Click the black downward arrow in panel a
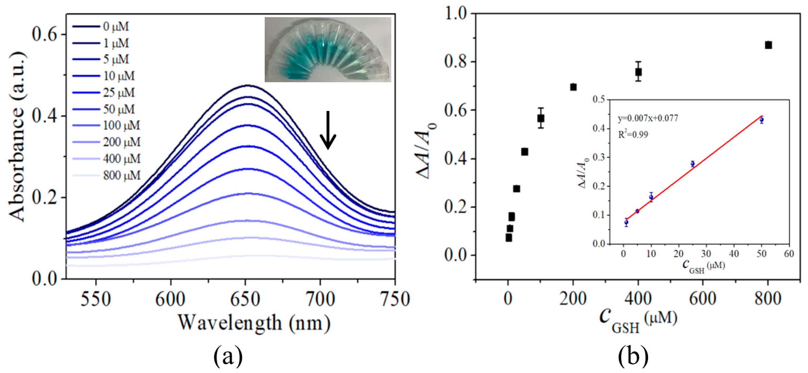(x=328, y=130)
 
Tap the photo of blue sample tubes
(x=328, y=49)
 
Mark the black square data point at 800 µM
(x=768, y=45)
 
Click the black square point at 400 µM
(x=638, y=72)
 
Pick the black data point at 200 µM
(x=573, y=87)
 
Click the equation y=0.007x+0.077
(x=648, y=118)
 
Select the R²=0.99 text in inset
(x=633, y=135)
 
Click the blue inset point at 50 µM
(x=762, y=120)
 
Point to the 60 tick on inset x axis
(x=789, y=254)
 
